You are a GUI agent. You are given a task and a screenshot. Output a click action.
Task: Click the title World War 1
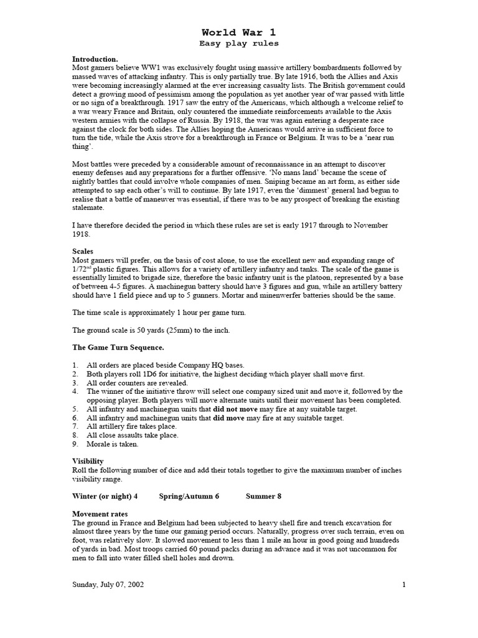pos(238,32)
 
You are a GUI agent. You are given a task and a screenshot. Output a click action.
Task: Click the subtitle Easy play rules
pos(238,44)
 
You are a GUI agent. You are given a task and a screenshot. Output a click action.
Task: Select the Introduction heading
pos(95,59)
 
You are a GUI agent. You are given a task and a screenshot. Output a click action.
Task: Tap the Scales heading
pos(83,250)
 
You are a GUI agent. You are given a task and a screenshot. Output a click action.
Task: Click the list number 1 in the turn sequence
pos(75,364)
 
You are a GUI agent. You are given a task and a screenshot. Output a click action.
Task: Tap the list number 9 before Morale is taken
pos(75,444)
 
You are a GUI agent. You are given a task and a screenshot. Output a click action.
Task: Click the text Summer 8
pos(264,496)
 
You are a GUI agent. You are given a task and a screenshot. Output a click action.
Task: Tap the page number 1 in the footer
pos(404,585)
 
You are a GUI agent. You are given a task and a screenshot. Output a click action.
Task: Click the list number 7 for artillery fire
pos(75,426)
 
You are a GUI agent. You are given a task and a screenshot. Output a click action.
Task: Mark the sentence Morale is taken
pos(113,444)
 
